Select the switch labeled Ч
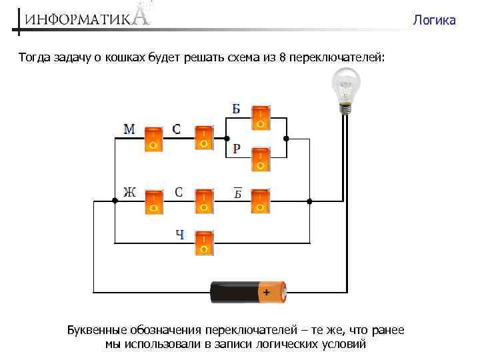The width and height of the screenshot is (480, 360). coord(204,243)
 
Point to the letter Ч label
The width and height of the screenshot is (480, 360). coord(180,234)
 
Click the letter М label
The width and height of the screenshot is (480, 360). coord(129,129)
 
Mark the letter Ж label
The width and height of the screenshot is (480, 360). coord(129,193)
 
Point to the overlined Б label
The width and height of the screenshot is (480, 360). coord(237,193)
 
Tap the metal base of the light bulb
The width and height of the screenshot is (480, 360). coord(345,107)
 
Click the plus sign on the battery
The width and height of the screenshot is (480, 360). coord(267,292)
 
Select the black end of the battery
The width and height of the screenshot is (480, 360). coord(223,292)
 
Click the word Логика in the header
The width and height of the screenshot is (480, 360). coord(434,21)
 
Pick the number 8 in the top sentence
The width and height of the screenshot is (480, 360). coord(283,58)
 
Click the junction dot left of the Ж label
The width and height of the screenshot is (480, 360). coord(115,200)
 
